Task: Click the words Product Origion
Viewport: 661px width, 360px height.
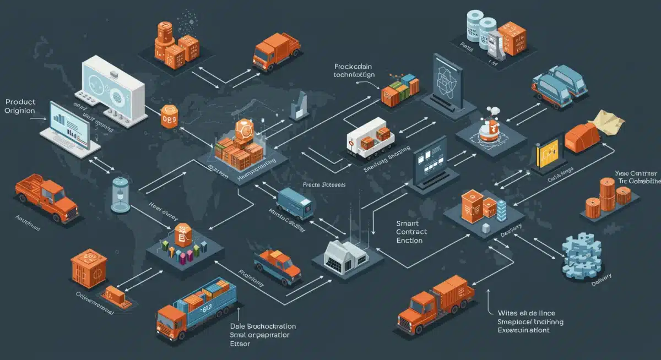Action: tap(20, 106)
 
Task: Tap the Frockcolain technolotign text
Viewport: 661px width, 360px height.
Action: tap(354, 70)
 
